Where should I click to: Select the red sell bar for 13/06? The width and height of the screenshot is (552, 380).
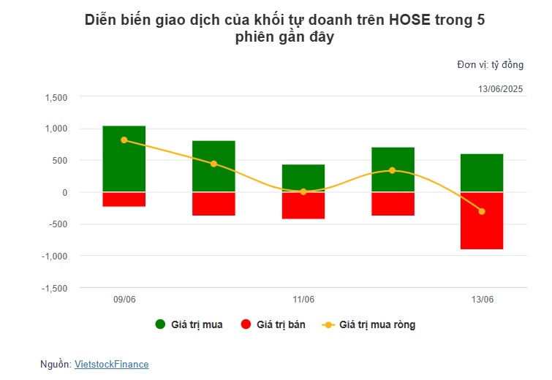482,221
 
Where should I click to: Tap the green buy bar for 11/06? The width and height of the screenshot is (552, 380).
303,178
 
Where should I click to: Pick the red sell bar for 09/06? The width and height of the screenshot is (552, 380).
124,199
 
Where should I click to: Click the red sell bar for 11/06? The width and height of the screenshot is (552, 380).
303,205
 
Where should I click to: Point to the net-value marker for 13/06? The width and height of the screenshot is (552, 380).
482,211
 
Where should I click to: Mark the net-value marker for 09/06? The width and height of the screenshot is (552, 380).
124,140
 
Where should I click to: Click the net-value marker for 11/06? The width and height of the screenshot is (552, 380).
303,191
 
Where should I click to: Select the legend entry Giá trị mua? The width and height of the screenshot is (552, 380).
189,324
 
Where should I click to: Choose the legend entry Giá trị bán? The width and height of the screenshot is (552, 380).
273,324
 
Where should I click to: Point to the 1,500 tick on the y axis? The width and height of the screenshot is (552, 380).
56,97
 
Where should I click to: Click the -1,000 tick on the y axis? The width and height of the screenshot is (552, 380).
54,256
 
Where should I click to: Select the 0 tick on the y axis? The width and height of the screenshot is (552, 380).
64,192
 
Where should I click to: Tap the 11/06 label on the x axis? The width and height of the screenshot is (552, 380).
303,300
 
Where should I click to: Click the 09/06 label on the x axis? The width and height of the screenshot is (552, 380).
124,300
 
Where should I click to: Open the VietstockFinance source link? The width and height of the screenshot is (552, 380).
111,363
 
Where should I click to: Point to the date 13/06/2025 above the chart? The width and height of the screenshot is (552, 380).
501,89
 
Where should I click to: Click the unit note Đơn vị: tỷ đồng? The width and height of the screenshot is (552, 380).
490,65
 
